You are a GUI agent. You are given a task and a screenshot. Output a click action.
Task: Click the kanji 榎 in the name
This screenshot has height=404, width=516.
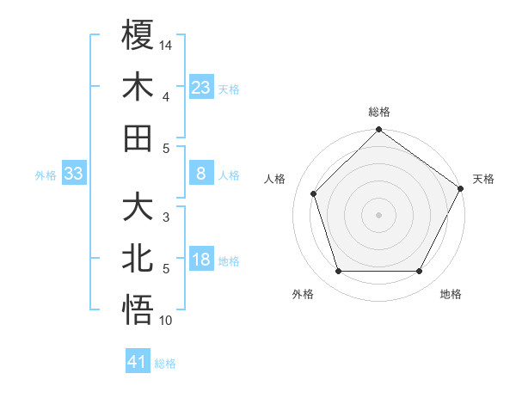click(x=138, y=35)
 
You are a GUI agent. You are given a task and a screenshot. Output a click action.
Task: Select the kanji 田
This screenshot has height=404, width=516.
click(x=138, y=138)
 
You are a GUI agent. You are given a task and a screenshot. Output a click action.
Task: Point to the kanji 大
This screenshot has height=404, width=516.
click(x=138, y=208)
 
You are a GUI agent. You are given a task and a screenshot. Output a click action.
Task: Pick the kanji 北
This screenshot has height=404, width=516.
click(x=138, y=260)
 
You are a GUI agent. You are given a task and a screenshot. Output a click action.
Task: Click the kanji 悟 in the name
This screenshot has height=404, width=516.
click(x=138, y=310)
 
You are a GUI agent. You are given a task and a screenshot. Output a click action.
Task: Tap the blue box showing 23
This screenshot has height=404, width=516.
click(x=201, y=87)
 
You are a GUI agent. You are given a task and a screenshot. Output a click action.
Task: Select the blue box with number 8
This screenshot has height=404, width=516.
click(x=201, y=174)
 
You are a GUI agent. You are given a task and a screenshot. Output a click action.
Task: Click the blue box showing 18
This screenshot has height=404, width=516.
click(x=201, y=260)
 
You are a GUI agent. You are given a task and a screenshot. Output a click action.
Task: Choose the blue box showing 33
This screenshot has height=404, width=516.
click(x=73, y=174)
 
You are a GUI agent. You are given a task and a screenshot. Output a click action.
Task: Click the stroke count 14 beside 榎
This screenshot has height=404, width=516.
click(x=166, y=44)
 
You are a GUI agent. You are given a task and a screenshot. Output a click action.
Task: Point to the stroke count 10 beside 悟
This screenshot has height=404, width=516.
click(x=166, y=321)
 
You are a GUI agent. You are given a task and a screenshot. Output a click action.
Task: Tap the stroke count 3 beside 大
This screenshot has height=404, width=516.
click(x=165, y=217)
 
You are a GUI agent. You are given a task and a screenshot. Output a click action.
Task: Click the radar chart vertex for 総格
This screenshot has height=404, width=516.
click(x=378, y=131)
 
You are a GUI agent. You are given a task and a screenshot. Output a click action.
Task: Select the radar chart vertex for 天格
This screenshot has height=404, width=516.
click(x=461, y=188)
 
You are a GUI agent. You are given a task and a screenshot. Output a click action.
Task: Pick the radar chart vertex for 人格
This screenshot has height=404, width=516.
click(x=314, y=193)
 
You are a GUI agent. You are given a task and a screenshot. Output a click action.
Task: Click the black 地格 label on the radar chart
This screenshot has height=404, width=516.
click(x=451, y=295)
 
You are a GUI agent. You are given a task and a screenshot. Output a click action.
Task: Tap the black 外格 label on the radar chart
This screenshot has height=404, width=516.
click(x=303, y=295)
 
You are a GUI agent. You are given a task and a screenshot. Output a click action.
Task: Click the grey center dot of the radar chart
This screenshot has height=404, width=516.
click(x=378, y=214)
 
